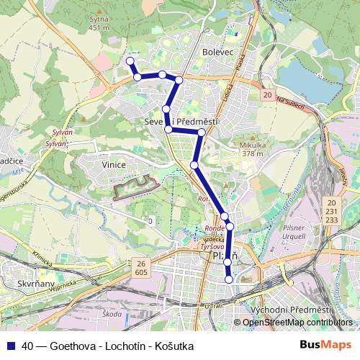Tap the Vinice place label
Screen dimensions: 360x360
point(114,165)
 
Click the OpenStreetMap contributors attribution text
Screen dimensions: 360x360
point(297,323)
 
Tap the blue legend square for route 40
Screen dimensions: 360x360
point(11,346)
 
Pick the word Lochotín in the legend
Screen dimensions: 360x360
point(121,346)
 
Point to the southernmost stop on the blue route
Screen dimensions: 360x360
point(229,279)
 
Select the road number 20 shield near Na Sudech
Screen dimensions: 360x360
point(267,95)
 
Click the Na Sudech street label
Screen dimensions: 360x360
point(292,102)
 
